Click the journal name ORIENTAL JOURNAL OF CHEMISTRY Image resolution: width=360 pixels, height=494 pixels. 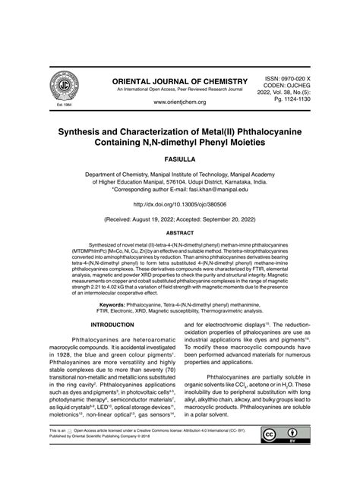coord(180,81)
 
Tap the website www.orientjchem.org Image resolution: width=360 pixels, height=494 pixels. coord(180,102)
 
